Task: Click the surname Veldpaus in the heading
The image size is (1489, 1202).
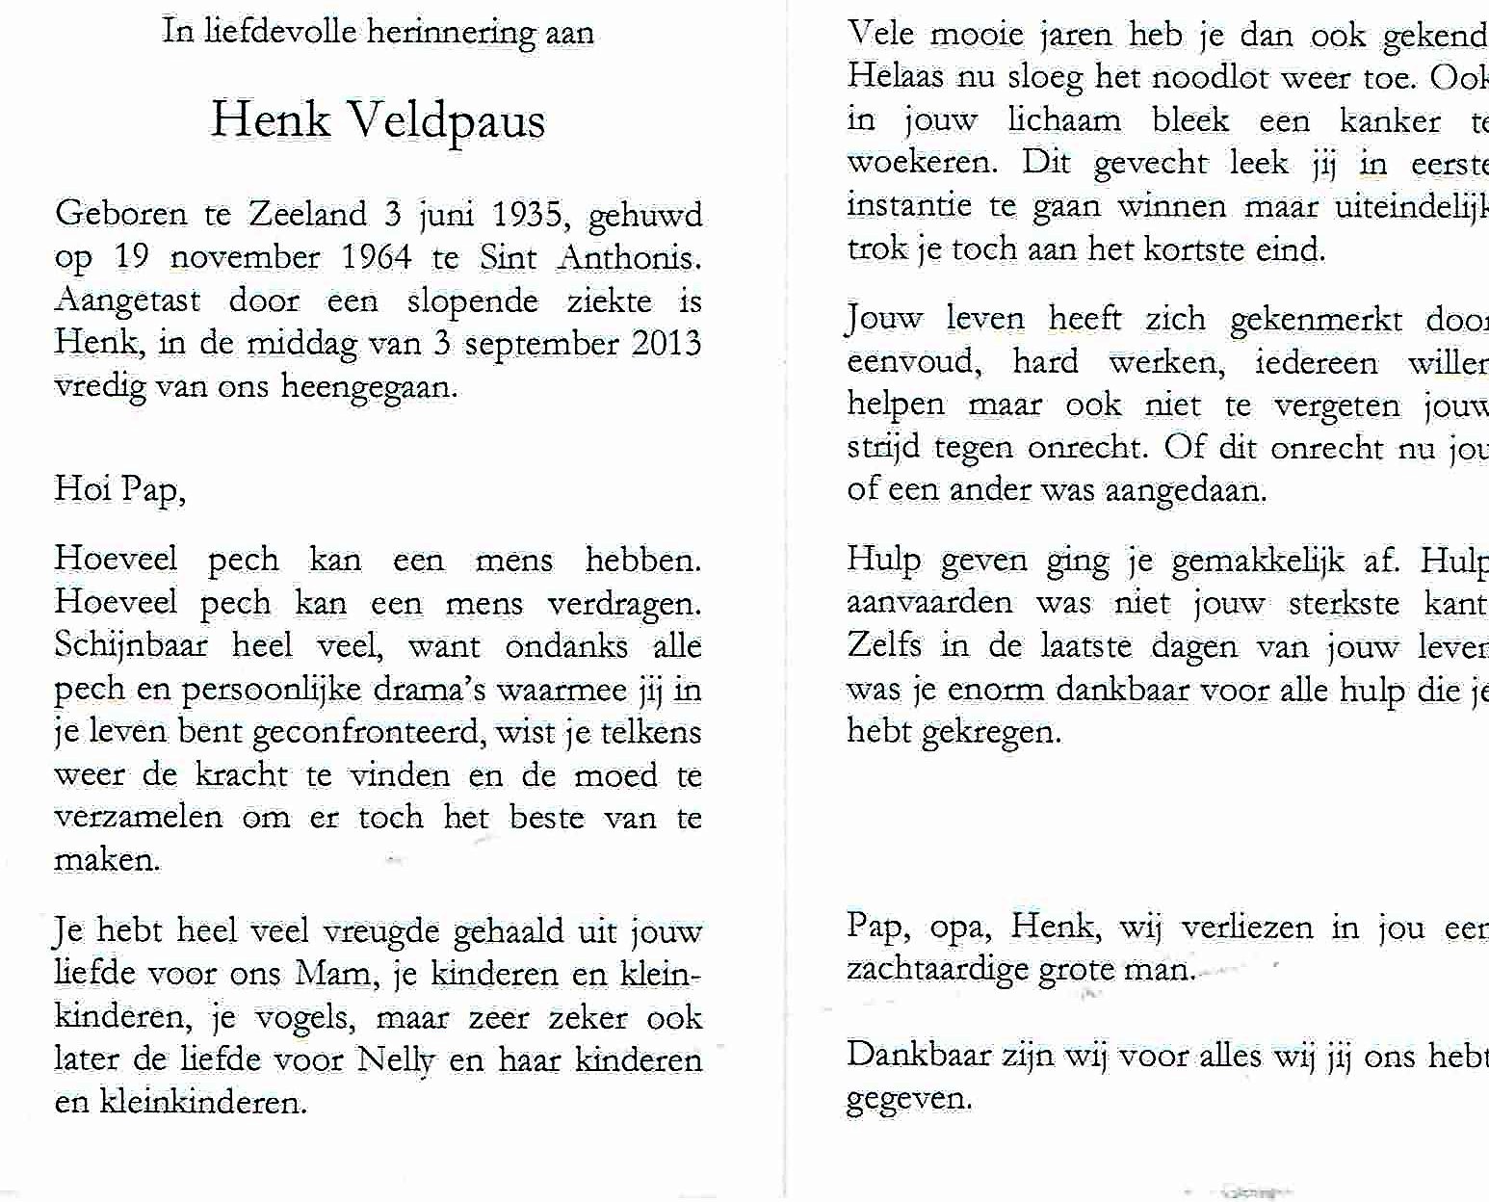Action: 445,121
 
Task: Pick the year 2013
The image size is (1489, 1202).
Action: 666,344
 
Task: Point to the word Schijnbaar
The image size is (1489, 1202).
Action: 131,646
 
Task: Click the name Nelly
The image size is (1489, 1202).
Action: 395,1060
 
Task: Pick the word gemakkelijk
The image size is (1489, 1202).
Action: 1258,561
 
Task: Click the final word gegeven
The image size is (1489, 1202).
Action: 908,1099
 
